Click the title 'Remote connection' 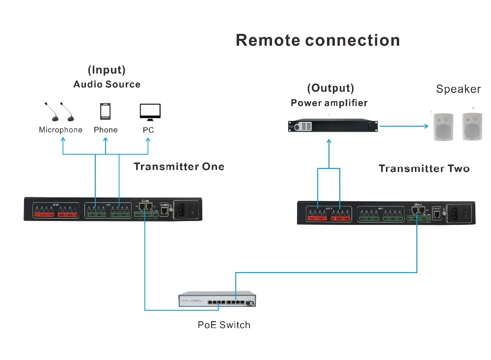[318, 40]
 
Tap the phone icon [105, 111]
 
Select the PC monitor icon [150, 112]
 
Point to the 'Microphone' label [60, 130]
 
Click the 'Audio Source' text [107, 84]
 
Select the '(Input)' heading [107, 70]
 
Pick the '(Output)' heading [330, 88]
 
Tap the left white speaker [443, 127]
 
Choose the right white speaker [472, 127]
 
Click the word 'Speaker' [458, 89]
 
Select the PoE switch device [217, 300]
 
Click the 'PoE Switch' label [224, 325]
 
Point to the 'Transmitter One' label [179, 167]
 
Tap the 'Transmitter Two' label [424, 169]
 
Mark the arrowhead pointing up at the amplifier [328, 140]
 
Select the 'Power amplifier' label [329, 103]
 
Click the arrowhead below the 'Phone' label [106, 140]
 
